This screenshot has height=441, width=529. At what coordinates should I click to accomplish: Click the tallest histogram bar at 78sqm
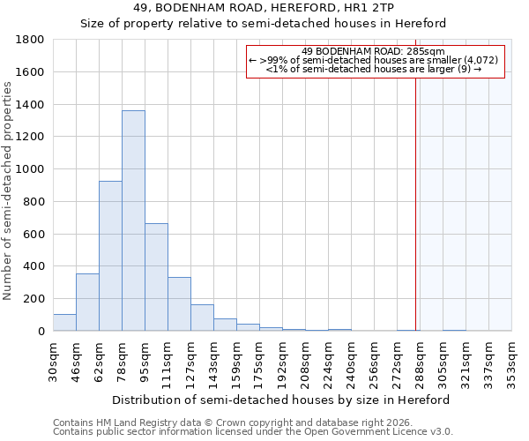[x=133, y=220]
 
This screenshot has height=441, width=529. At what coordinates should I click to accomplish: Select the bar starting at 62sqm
[x=110, y=256]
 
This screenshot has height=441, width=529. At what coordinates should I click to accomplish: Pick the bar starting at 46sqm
[x=87, y=303]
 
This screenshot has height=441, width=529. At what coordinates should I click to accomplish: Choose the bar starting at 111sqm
[x=179, y=304]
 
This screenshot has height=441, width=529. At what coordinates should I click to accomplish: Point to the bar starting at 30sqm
[x=64, y=323]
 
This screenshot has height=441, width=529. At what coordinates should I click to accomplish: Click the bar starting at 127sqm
[x=202, y=318]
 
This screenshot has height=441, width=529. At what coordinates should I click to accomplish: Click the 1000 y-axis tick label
[x=31, y=169]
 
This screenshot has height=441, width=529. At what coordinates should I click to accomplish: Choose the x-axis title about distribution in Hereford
[x=281, y=400]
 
